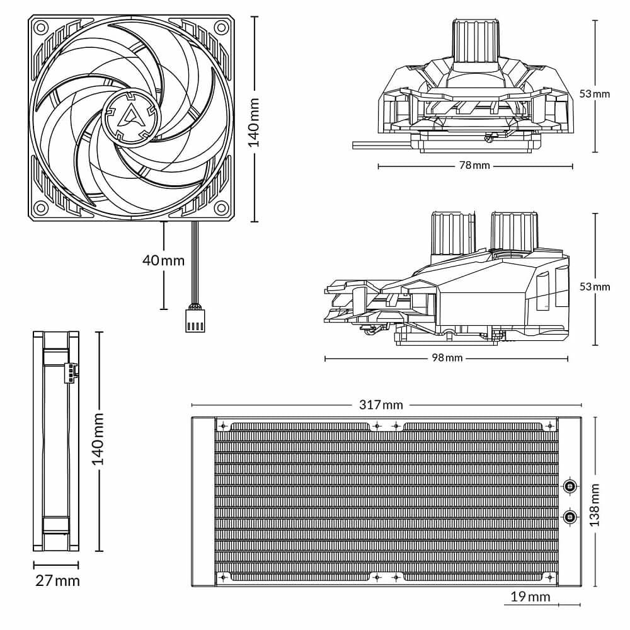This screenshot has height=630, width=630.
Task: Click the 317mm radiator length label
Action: pyautogui.click(x=381, y=404)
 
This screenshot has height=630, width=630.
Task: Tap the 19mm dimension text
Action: pyautogui.click(x=530, y=597)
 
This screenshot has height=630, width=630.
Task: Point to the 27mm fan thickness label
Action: pyautogui.click(x=57, y=580)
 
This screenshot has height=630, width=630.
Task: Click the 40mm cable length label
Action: pyautogui.click(x=164, y=260)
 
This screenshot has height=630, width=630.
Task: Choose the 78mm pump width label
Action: pyautogui.click(x=474, y=166)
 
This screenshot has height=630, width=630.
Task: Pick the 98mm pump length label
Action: pyautogui.click(x=447, y=358)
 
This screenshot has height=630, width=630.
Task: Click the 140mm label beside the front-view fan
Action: pyautogui.click(x=253, y=122)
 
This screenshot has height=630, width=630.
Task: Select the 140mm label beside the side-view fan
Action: pyautogui.click(x=98, y=440)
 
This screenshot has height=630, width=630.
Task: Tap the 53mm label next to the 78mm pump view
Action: pyautogui.click(x=595, y=93)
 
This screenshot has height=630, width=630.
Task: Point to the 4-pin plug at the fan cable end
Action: pyautogui.click(x=195, y=319)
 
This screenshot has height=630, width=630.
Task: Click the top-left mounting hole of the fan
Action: pyautogui.click(x=41, y=28)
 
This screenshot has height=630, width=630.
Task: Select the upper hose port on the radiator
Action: pyautogui.click(x=570, y=486)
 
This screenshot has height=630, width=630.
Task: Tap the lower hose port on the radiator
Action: pyautogui.click(x=570, y=517)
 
